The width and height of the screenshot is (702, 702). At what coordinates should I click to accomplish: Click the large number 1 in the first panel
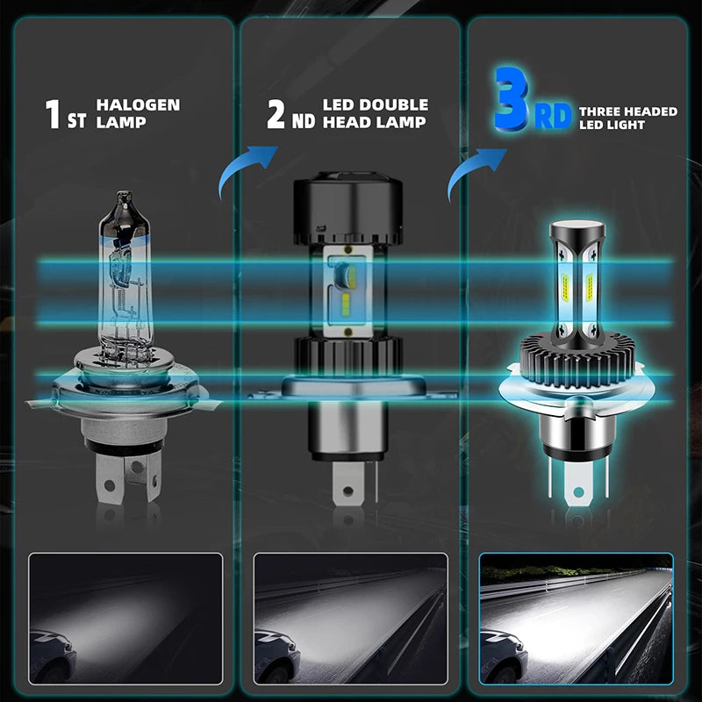pyautogui.click(x=54, y=114)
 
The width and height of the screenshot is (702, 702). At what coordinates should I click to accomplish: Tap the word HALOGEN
pyautogui.click(x=139, y=105)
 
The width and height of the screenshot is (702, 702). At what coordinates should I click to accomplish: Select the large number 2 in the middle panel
pyautogui.click(x=276, y=114)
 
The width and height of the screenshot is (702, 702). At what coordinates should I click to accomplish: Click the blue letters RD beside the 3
pyautogui.click(x=553, y=116)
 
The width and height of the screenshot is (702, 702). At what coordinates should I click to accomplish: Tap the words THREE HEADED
pyautogui.click(x=627, y=111)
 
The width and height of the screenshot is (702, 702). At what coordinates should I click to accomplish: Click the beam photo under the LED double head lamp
pyautogui.click(x=350, y=618)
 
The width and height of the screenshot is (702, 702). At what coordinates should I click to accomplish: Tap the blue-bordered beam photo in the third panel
pyautogui.click(x=576, y=618)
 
